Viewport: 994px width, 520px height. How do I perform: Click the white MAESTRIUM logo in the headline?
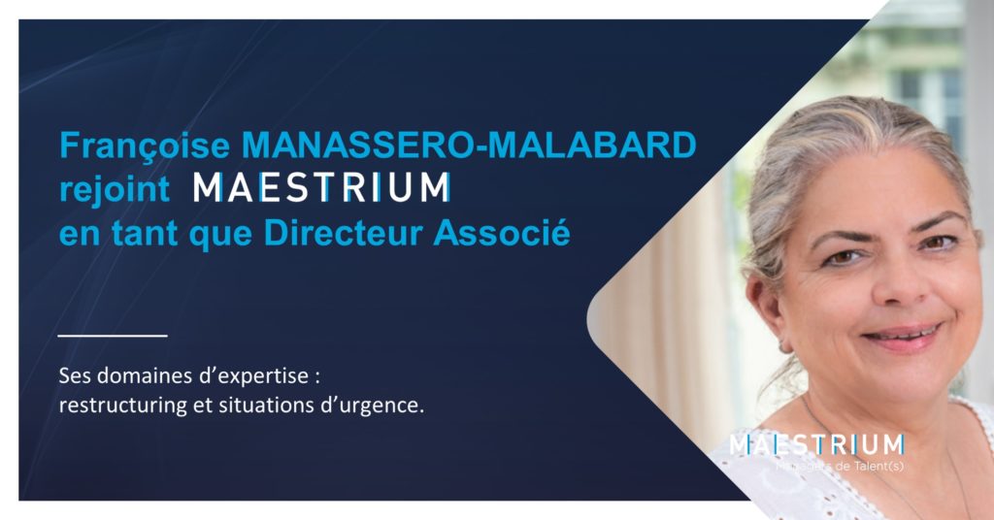coord(321,187)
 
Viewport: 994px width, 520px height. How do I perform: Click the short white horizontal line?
coord(113,336)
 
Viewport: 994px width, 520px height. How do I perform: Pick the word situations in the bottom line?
coord(261,406)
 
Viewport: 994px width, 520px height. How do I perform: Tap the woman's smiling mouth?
coord(901,335)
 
